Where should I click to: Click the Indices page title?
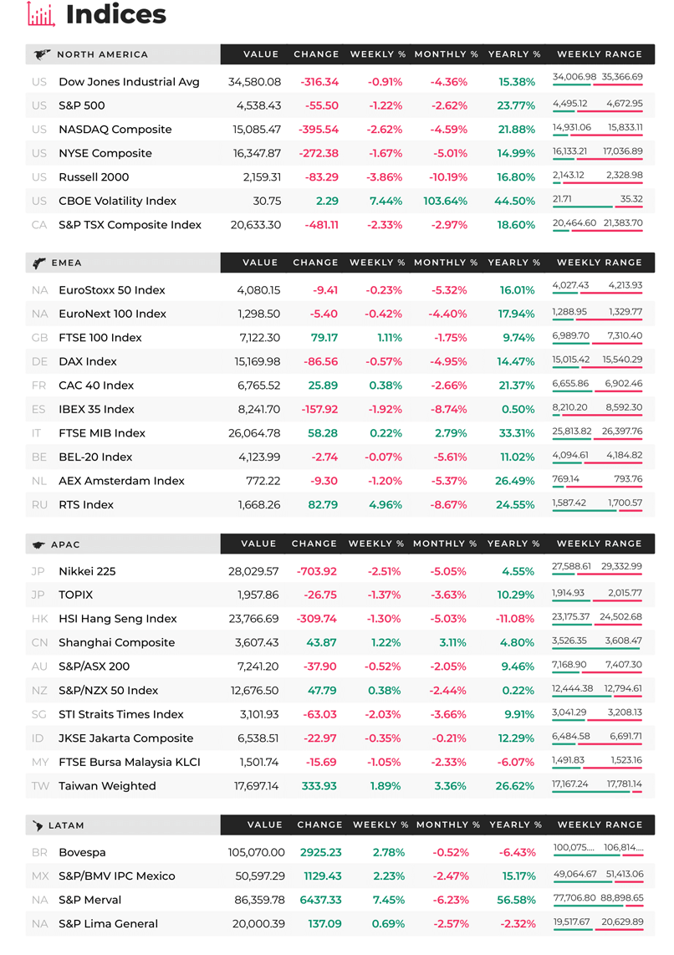click(115, 14)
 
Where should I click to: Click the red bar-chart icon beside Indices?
click(42, 14)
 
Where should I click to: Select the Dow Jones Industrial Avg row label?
click(129, 82)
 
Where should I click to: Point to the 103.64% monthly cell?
click(446, 201)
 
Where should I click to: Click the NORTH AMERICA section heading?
click(102, 54)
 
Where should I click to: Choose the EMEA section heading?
click(66, 263)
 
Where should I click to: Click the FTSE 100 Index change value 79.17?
click(324, 337)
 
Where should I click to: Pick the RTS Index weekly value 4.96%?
click(386, 505)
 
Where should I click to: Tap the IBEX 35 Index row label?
click(96, 409)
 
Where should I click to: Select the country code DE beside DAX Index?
click(39, 362)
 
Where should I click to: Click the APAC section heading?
click(65, 544)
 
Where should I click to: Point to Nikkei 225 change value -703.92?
click(317, 571)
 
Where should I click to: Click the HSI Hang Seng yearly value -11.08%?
click(515, 619)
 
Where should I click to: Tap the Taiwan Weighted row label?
click(107, 786)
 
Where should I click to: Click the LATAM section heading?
click(66, 825)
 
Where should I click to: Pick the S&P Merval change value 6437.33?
click(321, 900)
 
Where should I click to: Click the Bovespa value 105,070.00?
click(257, 853)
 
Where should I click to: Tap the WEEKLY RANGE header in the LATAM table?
click(600, 825)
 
